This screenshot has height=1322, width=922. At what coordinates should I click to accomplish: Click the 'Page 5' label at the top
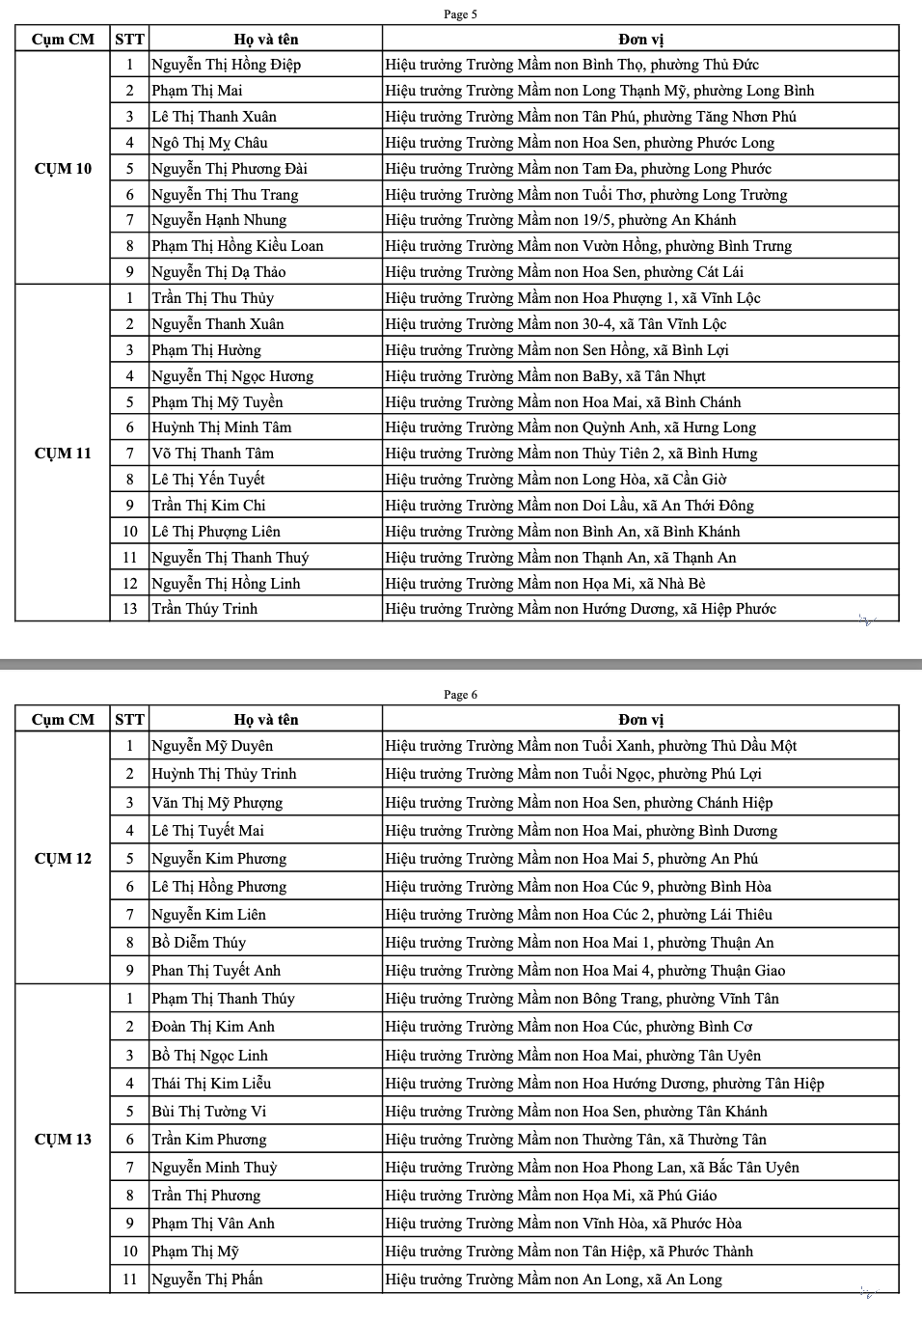tap(460, 14)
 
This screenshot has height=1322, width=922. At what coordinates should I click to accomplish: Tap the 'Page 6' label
tap(460, 695)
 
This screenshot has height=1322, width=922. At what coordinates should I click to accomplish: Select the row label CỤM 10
tap(63, 169)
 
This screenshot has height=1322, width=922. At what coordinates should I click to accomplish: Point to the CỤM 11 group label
tap(63, 454)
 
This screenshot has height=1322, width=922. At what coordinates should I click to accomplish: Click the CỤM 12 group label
tap(63, 859)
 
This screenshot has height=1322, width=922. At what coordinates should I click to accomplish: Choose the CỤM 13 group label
tap(63, 1140)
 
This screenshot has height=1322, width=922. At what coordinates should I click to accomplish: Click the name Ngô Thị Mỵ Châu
tap(209, 143)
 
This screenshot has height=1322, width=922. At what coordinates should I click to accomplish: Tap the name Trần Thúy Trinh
tap(204, 609)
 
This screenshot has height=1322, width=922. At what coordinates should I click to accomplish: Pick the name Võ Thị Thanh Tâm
tap(212, 454)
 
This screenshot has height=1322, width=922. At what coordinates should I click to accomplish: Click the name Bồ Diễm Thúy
tap(199, 943)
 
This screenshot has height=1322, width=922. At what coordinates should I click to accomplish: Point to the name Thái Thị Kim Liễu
tap(211, 1084)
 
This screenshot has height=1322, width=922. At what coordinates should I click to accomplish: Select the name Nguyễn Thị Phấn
tap(206, 1280)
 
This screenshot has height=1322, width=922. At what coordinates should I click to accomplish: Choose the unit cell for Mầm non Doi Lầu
tap(569, 506)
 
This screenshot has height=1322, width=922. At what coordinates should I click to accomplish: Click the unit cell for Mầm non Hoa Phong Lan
tap(592, 1168)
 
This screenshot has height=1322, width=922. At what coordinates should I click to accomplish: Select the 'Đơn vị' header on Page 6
tap(640, 720)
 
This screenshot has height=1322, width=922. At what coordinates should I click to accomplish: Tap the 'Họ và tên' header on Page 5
tap(266, 40)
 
